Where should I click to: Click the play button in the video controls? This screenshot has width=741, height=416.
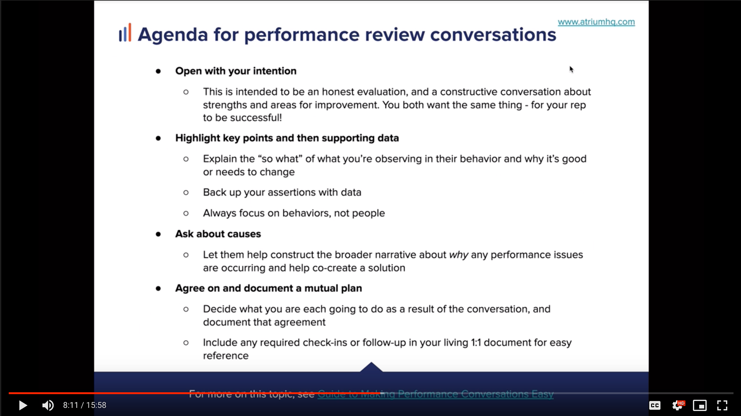(x=23, y=405)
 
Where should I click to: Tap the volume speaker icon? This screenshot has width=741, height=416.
(x=48, y=405)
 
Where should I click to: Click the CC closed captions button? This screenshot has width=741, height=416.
(x=655, y=405)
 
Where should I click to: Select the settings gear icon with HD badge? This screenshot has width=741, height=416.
(x=678, y=405)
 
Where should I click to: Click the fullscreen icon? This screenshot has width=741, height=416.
(x=722, y=405)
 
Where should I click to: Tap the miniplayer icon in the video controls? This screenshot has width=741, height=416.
(x=700, y=405)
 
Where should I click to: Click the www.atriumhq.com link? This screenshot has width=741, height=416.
(x=596, y=22)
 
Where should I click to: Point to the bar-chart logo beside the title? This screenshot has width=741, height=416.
(x=125, y=33)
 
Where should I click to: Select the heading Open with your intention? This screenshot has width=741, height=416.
(x=236, y=71)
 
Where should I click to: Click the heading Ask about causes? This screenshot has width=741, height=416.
(x=218, y=234)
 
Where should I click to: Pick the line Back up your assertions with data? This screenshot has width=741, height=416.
(x=282, y=192)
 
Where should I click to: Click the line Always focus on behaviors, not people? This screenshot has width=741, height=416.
(x=294, y=213)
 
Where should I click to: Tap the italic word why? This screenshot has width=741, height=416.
(x=459, y=255)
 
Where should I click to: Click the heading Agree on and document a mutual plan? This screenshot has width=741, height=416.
(x=268, y=288)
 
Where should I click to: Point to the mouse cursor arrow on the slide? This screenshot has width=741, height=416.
(x=571, y=69)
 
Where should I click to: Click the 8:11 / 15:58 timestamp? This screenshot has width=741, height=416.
(x=85, y=405)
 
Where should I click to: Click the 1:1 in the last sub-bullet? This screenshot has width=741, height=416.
(x=476, y=343)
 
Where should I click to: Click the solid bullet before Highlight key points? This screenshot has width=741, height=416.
(x=158, y=138)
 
